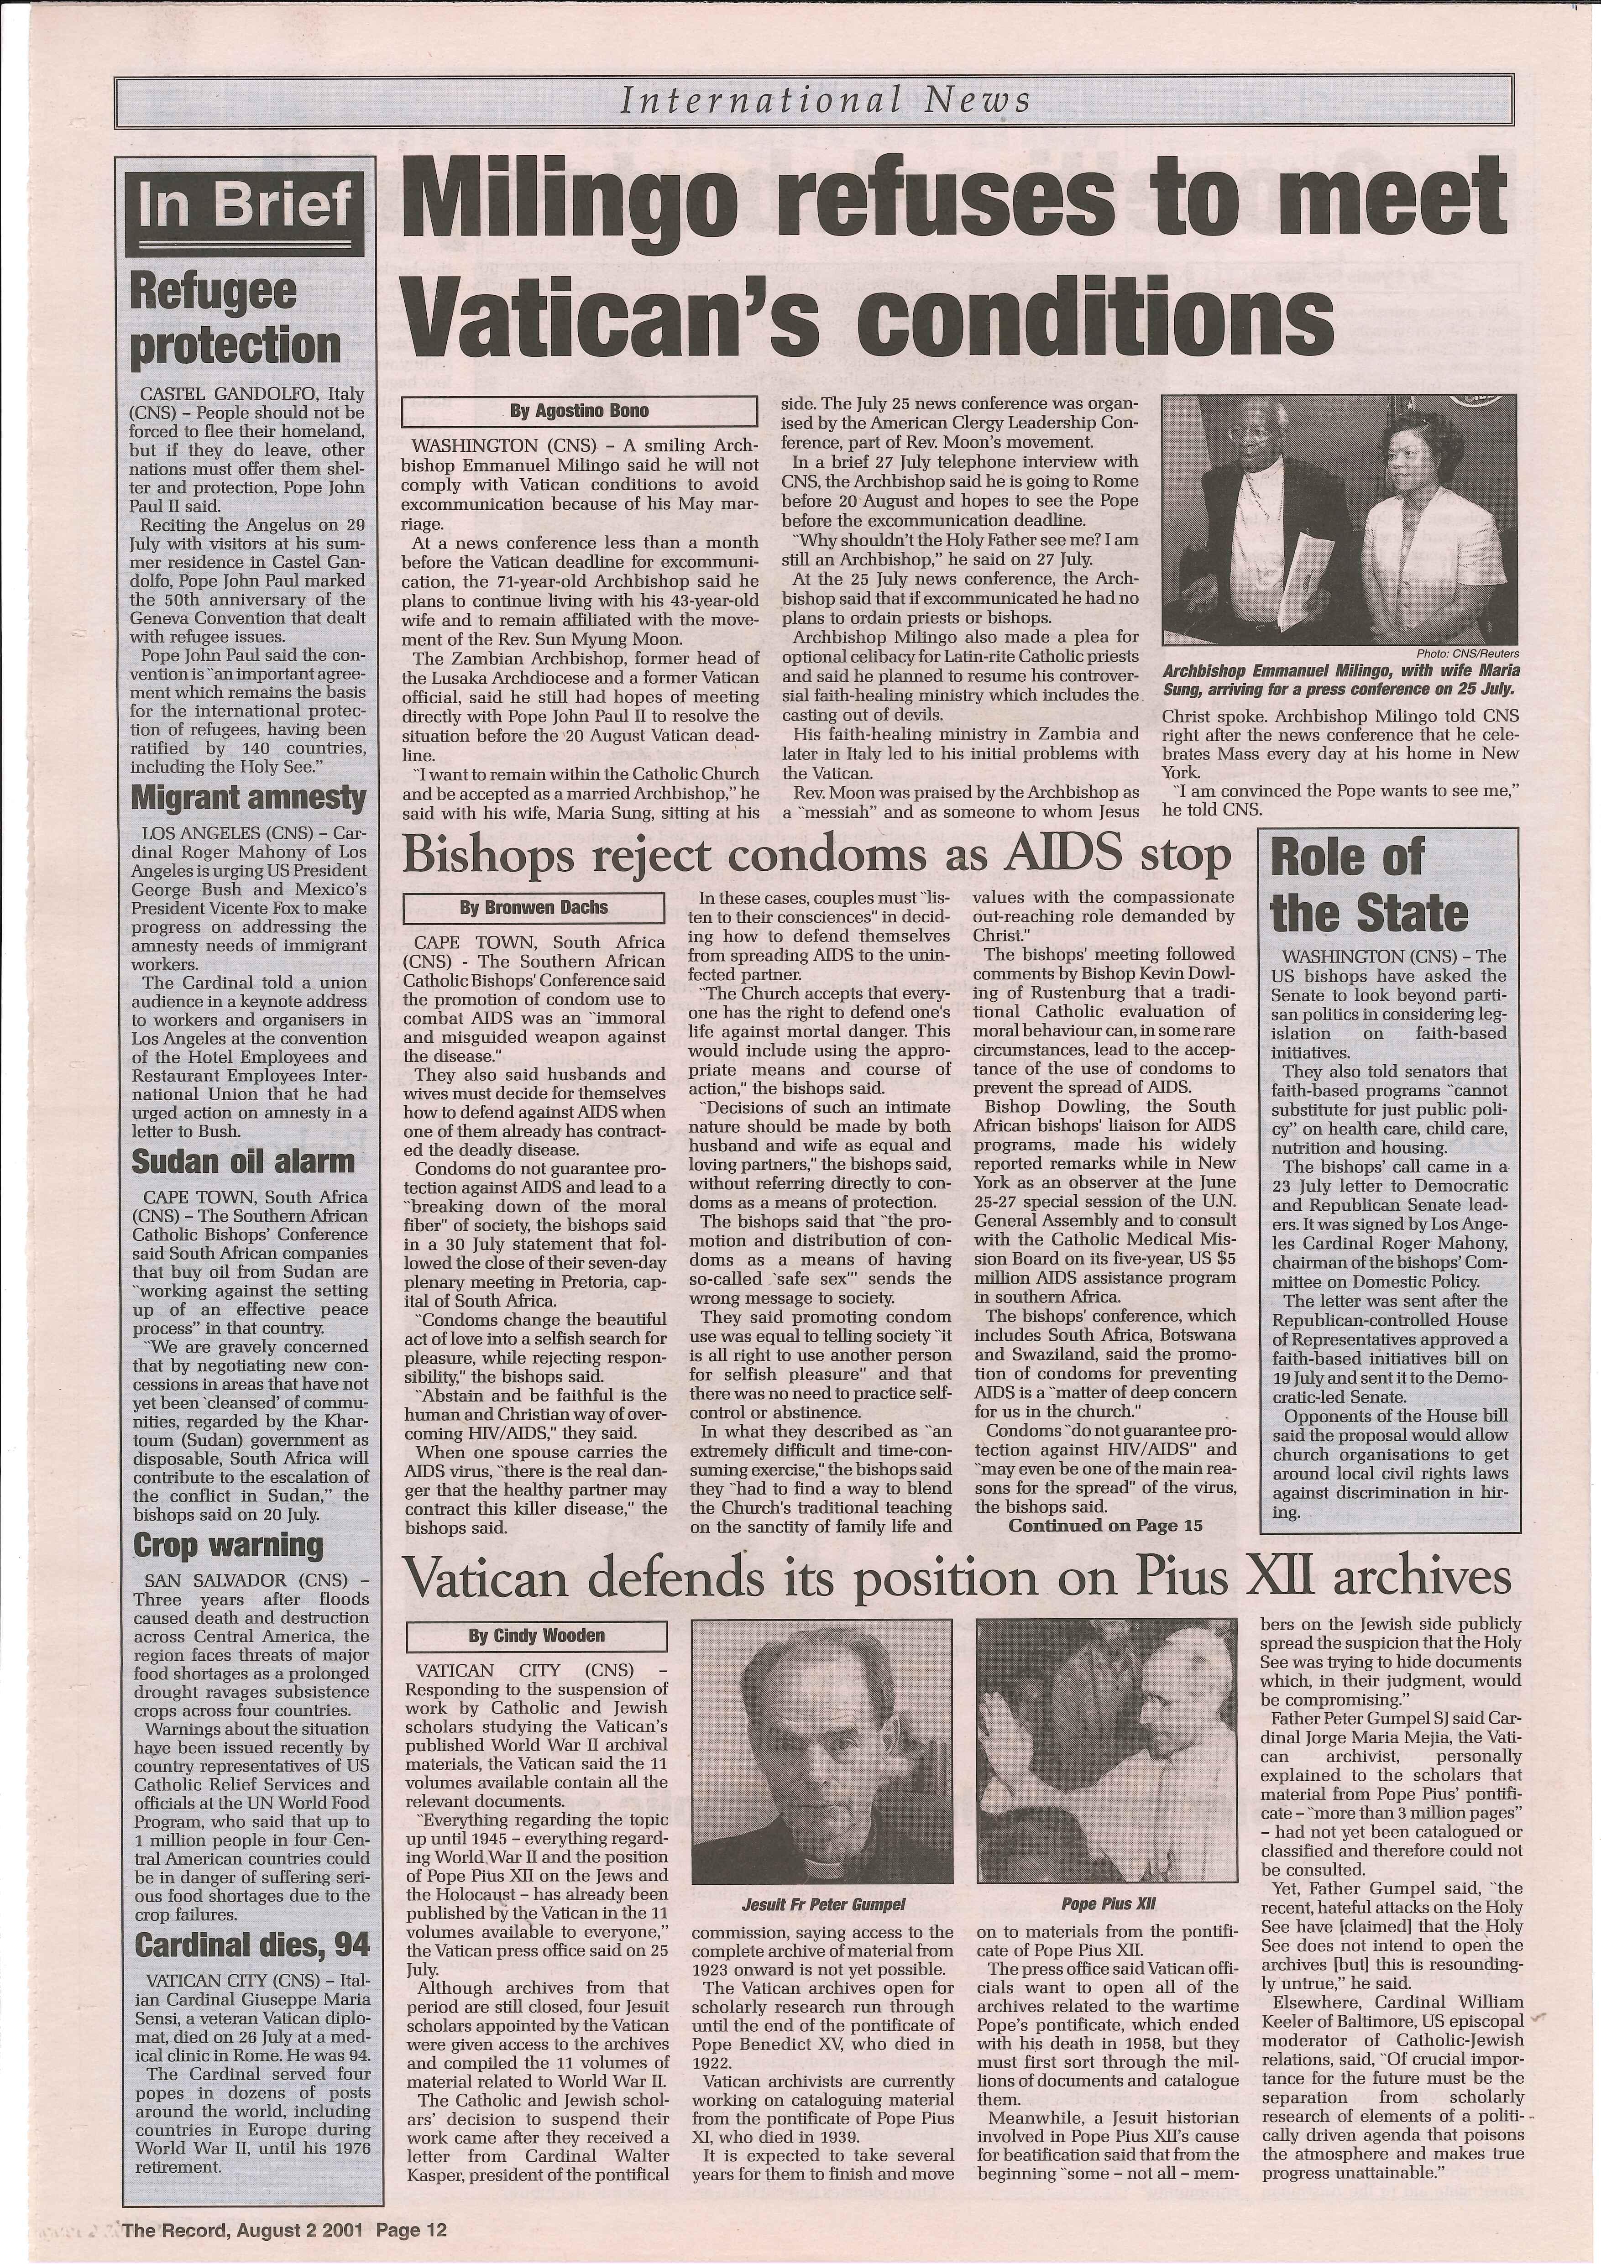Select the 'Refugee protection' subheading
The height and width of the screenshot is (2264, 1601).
pos(236,318)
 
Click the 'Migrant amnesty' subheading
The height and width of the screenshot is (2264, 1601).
pos(248,797)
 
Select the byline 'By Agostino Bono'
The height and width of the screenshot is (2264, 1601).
pos(580,410)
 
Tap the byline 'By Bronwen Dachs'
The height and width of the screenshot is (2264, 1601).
pos(534,907)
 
